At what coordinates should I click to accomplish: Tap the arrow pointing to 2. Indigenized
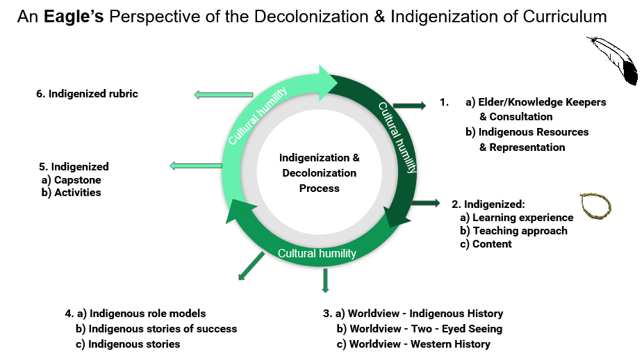(425, 203)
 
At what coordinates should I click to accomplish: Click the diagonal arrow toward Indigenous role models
(251, 266)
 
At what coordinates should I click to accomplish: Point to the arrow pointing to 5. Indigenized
(196, 165)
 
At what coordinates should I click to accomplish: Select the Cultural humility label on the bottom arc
(317, 253)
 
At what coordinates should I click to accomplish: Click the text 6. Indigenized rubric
(88, 94)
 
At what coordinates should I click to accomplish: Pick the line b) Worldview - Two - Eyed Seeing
(419, 328)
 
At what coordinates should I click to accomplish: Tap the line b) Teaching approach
(514, 231)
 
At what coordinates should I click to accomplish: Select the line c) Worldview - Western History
(413, 344)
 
